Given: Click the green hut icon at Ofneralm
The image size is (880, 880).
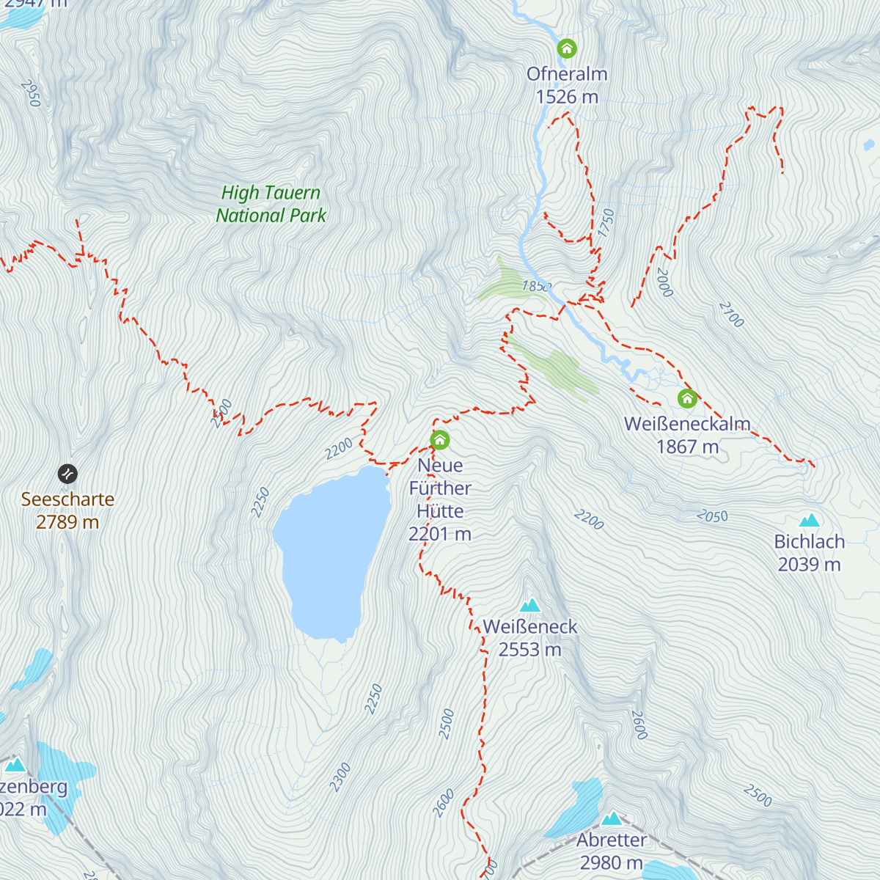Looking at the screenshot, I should [567, 49].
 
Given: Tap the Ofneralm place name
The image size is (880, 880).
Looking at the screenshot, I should [567, 74].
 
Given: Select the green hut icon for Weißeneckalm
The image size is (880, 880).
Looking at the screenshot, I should [687, 398].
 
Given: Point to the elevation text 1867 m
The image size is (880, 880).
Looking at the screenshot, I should [687, 447].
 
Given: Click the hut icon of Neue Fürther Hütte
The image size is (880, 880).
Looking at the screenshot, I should [440, 440].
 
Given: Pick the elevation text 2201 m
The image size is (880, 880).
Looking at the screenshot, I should [440, 534].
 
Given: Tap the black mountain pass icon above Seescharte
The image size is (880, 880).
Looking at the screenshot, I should [67, 474].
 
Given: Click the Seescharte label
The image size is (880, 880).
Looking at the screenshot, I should [67, 499].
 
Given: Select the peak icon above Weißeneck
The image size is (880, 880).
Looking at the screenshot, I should [530, 605].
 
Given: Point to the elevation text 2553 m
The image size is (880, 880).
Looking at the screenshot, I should [530, 650].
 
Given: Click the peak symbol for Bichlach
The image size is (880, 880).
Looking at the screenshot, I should [809, 521].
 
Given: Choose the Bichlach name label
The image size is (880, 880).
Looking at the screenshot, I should [809, 542].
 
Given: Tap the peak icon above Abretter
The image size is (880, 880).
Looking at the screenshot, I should [612, 818].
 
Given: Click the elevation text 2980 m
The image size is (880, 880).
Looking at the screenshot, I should [612, 862].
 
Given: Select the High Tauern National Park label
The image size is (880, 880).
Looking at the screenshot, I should [271, 204].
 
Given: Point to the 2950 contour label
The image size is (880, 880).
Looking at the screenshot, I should [30, 93].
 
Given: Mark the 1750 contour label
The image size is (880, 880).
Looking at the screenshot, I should [606, 223].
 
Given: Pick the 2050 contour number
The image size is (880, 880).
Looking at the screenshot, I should [712, 516].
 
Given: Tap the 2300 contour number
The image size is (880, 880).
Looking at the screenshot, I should [340, 777].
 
